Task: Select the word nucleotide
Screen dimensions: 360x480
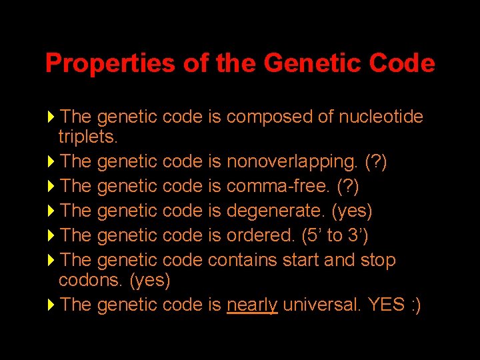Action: point(381,117)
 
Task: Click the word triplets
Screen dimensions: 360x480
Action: point(88,137)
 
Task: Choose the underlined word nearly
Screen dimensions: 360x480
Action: point(252,305)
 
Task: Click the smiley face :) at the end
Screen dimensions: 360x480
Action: point(415,305)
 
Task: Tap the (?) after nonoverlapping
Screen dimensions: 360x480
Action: point(377,161)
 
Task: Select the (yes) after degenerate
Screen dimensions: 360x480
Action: point(352,211)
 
